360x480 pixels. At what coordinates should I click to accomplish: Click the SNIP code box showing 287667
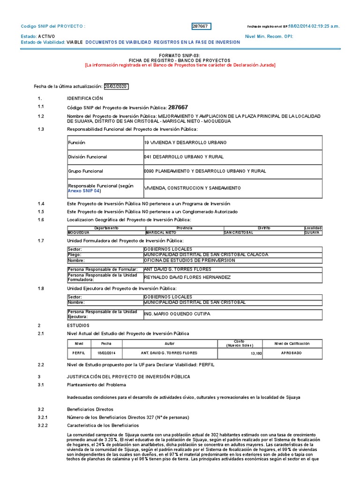click(201, 26)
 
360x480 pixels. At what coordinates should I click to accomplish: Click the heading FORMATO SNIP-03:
click(180, 55)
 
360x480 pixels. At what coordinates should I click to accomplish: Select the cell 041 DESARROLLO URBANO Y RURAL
click(184, 157)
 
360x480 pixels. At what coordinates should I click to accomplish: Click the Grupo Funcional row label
click(86, 172)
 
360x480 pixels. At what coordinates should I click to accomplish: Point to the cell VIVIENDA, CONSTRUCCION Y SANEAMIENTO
click(193, 188)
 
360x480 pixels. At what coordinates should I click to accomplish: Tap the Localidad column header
click(313, 228)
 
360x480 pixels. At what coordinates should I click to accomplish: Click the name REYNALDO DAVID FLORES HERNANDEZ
click(187, 277)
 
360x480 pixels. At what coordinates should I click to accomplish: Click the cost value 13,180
click(255, 353)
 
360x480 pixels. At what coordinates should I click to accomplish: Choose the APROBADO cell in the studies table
click(291, 353)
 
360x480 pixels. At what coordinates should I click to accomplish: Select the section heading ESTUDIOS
click(78, 325)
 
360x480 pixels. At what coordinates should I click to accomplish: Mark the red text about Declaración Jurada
click(180, 65)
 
